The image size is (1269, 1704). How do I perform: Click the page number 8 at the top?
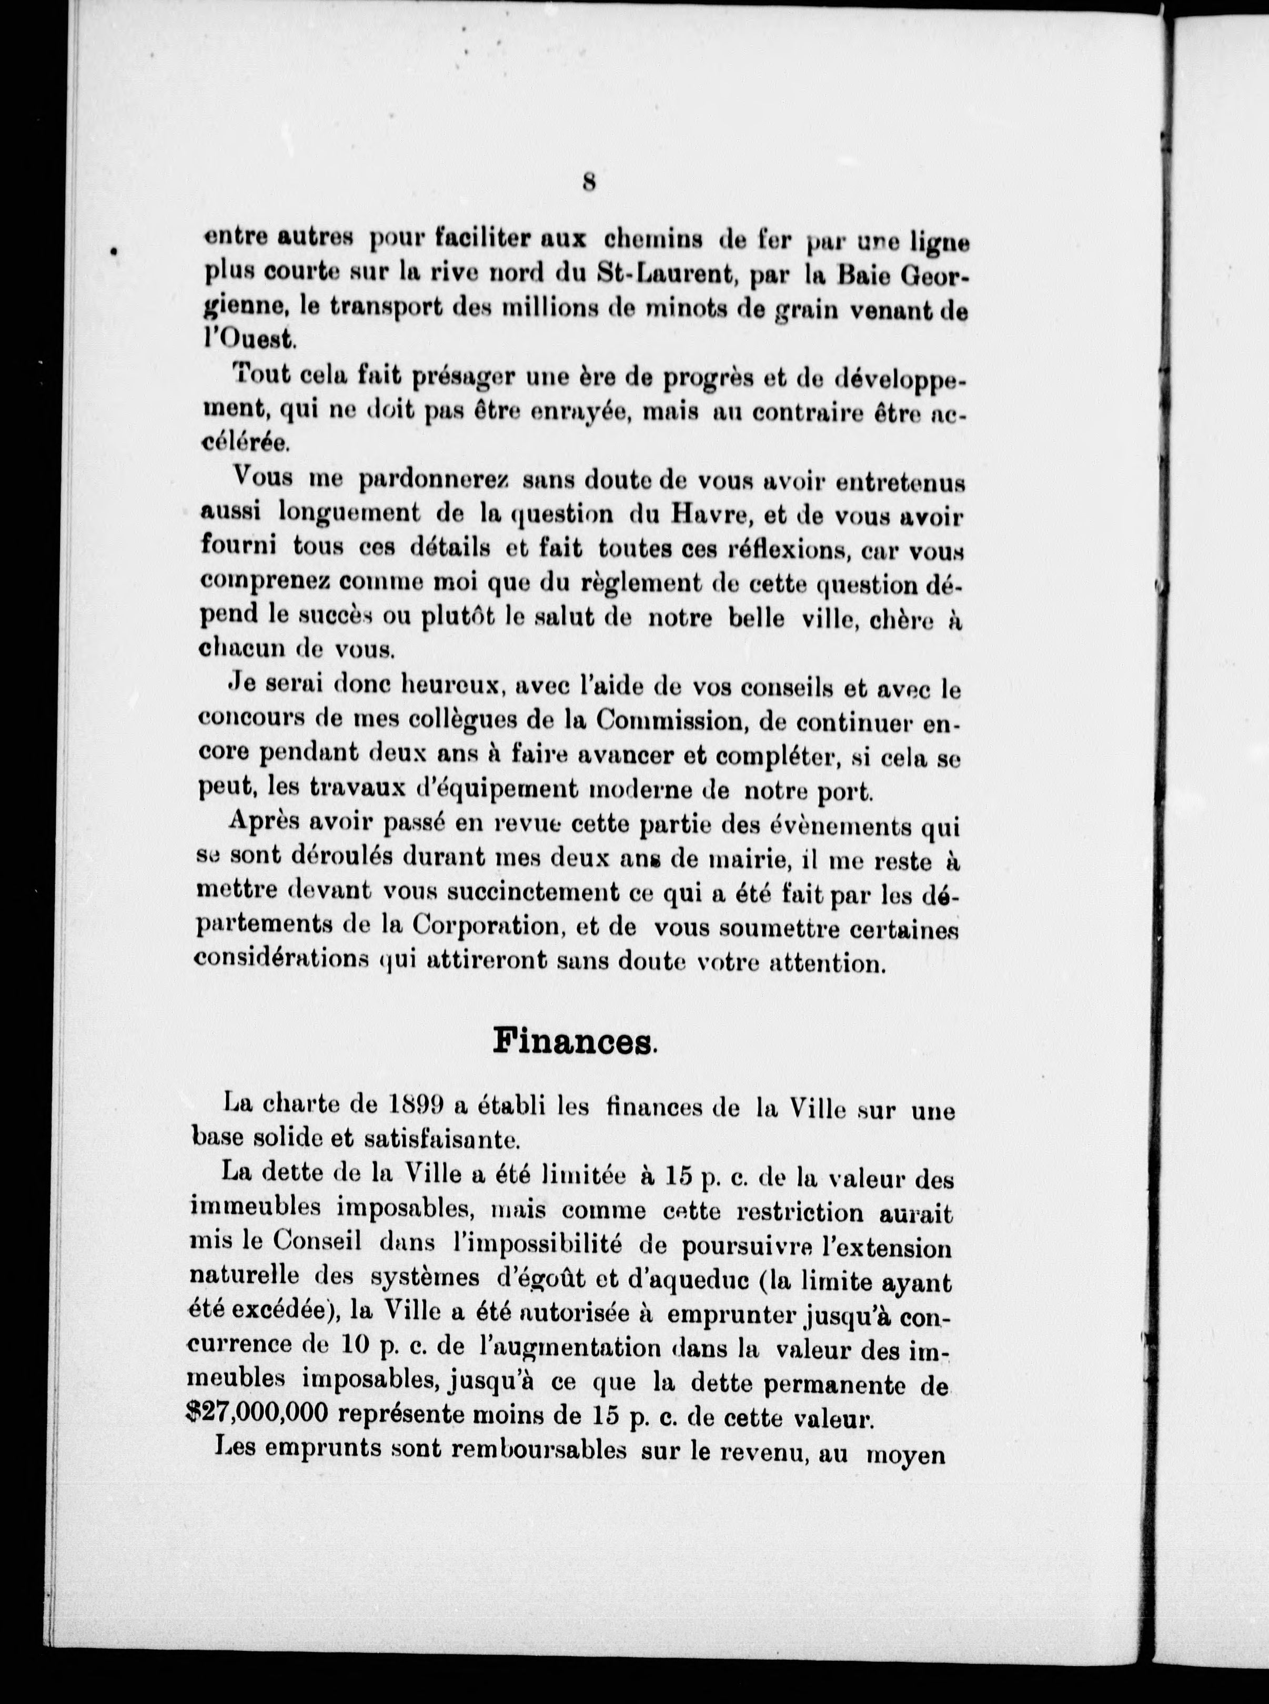589,183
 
